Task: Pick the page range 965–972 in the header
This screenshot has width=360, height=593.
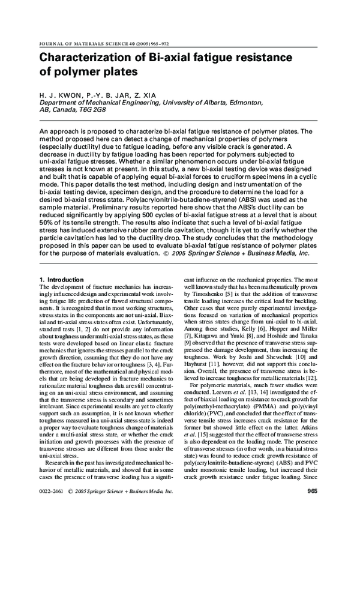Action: coord(142,44)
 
